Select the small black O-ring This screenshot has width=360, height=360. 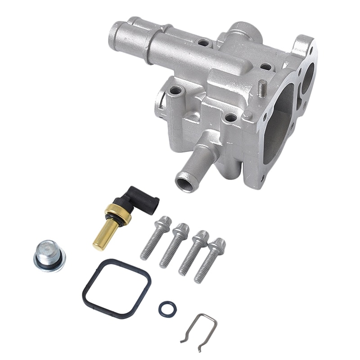click(167, 309)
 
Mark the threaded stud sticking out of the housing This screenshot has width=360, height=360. click(261, 88)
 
